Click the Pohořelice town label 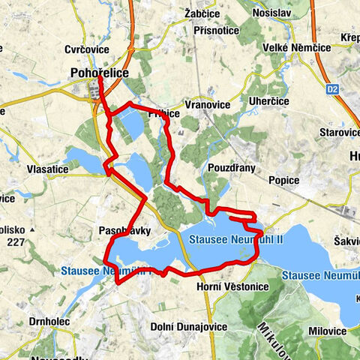(100, 73)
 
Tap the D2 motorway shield (332, 88)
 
